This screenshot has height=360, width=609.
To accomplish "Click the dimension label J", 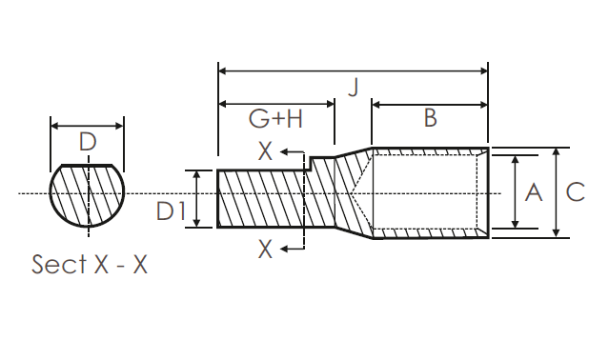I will tap(353, 89).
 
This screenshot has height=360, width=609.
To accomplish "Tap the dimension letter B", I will tap(430, 118).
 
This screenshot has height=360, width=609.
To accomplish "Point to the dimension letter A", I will tap(533, 191).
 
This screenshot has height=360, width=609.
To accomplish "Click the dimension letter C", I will tap(575, 191).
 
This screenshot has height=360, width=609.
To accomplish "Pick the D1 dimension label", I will tap(172, 210).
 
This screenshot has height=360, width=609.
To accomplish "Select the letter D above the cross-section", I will tap(88, 143).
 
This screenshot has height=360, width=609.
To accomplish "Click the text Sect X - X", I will tap(90, 264).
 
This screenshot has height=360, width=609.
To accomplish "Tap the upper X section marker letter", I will tap(266, 151).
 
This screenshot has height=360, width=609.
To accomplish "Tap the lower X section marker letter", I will tap(266, 249).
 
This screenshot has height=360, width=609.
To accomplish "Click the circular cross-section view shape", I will tap(88, 194).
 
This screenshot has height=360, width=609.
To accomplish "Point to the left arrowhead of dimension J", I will tap(224, 70).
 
